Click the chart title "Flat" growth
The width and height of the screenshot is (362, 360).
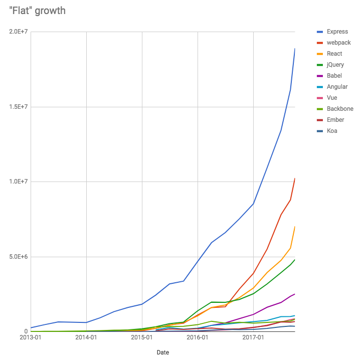[38, 10]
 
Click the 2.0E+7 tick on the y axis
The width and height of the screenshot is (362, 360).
[19, 32]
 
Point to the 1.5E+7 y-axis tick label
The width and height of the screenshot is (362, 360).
[19, 107]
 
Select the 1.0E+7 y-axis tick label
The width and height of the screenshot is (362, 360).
[19, 182]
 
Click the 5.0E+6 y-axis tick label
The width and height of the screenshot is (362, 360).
[19, 257]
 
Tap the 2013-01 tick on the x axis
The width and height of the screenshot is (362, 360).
[31, 338]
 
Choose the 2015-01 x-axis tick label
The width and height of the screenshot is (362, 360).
[142, 338]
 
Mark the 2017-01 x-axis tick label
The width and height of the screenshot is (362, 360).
[253, 338]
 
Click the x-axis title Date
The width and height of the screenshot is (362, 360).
[162, 352]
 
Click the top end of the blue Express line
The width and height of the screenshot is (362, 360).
[295, 49]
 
